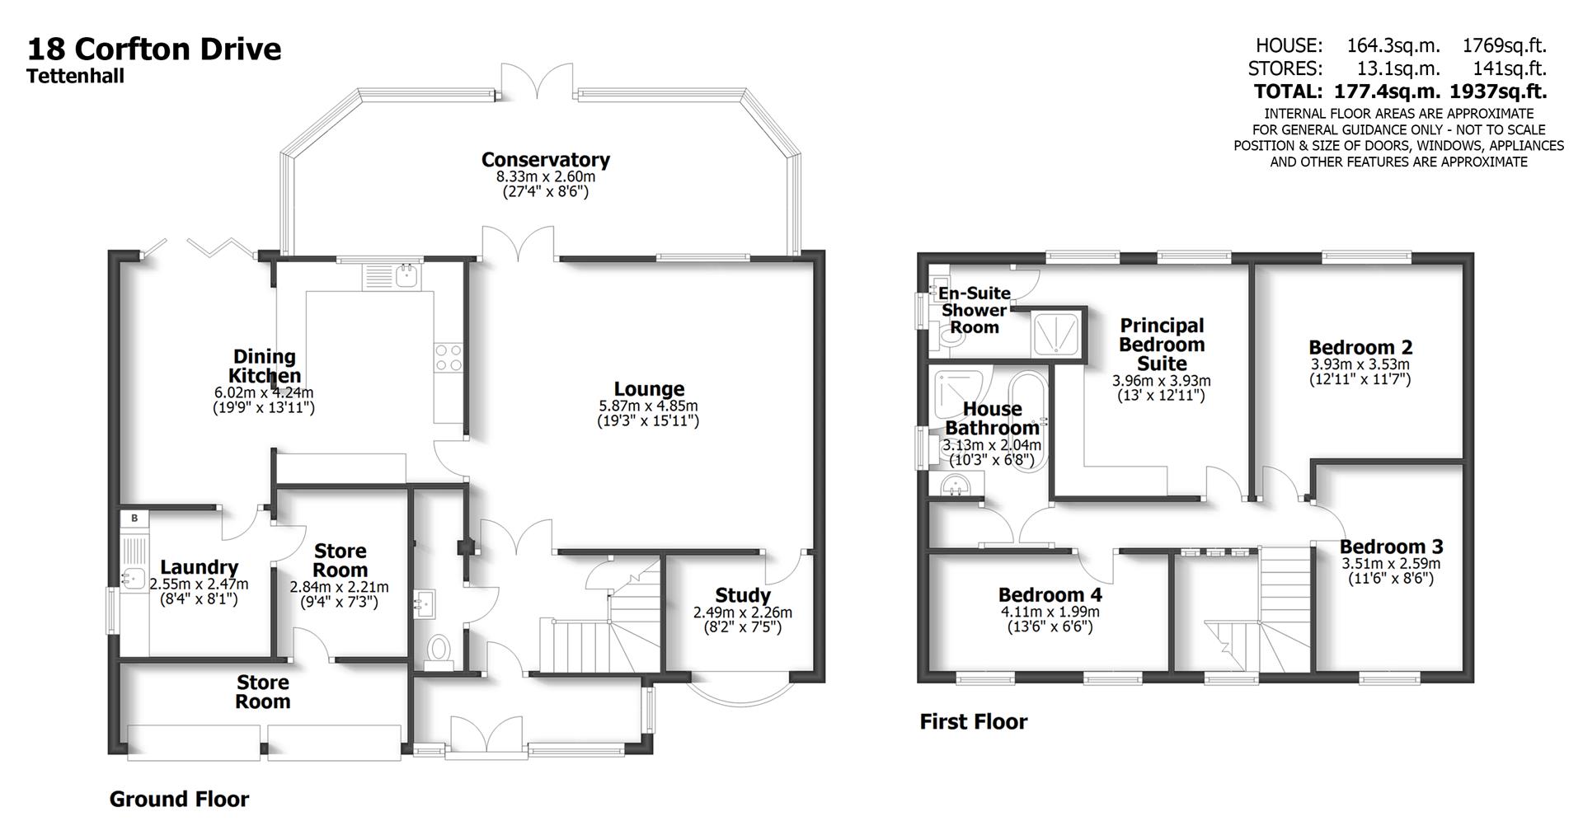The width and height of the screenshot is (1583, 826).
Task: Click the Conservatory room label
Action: pyautogui.click(x=545, y=159)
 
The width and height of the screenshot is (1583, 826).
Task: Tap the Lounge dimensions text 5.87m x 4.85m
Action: pyautogui.click(x=648, y=406)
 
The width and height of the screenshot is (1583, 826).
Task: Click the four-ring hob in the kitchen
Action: pyautogui.click(x=449, y=357)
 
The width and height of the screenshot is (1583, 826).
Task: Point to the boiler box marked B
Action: pyautogui.click(x=134, y=518)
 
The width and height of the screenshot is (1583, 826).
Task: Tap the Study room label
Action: pyautogui.click(x=743, y=595)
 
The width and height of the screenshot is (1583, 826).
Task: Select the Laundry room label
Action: pyautogui.click(x=199, y=567)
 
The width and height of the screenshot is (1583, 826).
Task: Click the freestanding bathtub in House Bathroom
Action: pyautogui.click(x=1028, y=420)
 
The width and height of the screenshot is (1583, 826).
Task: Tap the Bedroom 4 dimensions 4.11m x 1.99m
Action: pyautogui.click(x=1050, y=612)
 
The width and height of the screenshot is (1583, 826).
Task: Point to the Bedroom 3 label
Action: pyautogui.click(x=1391, y=547)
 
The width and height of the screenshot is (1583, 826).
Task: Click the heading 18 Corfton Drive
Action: pyautogui.click(x=154, y=49)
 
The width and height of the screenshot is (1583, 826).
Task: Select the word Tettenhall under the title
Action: pyautogui.click(x=75, y=77)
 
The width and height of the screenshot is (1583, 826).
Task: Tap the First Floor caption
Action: pyautogui.click(x=973, y=722)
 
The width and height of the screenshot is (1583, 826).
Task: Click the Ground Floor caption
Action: pyautogui.click(x=179, y=799)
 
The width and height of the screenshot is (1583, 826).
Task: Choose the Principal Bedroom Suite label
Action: pyautogui.click(x=1161, y=345)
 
